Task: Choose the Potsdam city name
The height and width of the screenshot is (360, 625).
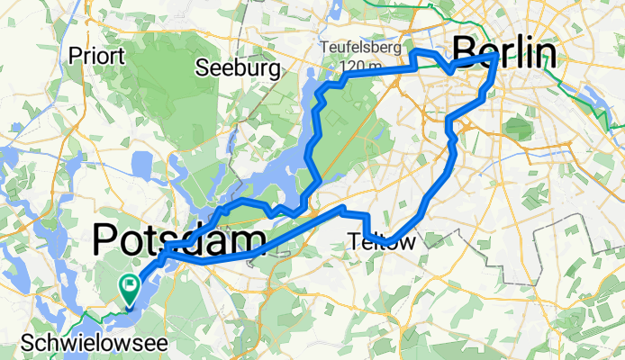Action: pos(180,240)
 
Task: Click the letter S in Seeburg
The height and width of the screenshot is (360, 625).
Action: pos(204,68)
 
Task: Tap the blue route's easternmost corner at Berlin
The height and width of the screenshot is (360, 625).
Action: pos(496,56)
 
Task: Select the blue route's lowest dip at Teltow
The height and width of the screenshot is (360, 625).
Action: pos(394,238)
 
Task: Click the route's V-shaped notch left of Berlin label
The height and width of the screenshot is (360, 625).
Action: pos(449,68)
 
